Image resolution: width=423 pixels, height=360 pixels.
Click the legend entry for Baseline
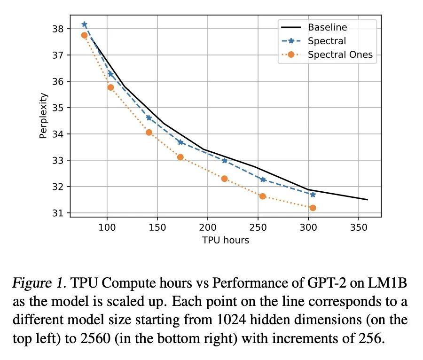click(x=327, y=27)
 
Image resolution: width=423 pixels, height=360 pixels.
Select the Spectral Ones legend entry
click(x=340, y=55)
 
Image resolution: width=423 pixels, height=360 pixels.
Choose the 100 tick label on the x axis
click(x=107, y=227)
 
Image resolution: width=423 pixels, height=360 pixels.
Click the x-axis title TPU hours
click(x=226, y=240)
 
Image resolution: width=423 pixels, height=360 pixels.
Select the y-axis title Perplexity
click(x=43, y=116)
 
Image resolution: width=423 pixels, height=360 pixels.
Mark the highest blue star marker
click(x=84, y=24)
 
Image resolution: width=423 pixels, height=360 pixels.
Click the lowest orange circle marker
click(x=313, y=208)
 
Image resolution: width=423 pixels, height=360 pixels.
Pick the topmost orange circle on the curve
click(x=84, y=35)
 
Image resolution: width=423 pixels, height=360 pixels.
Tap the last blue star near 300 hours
click(x=313, y=195)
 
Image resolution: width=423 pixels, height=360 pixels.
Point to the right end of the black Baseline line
click(x=367, y=200)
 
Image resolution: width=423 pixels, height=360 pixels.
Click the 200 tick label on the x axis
click(x=208, y=227)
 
